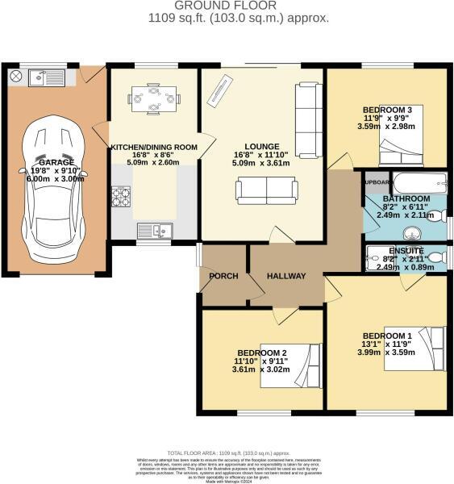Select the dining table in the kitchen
click(x=152, y=100)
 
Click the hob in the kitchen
click(x=121, y=195)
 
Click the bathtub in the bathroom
click(x=419, y=181)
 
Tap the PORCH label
click(x=223, y=277)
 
